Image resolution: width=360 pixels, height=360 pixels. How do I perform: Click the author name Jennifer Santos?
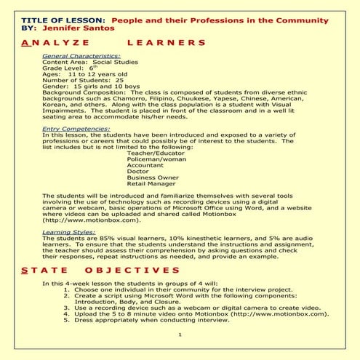point(78,27)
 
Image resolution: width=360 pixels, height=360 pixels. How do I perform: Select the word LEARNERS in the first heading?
point(166,43)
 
